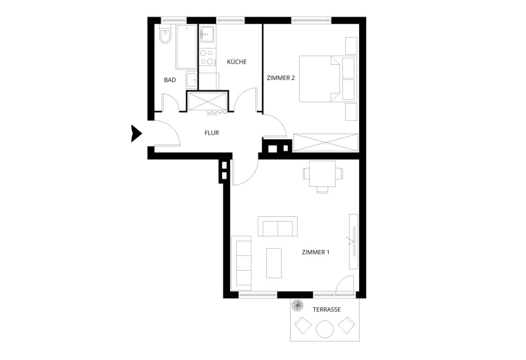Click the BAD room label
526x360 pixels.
(x=170, y=80)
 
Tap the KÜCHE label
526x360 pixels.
(x=237, y=62)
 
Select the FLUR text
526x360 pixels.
(x=212, y=133)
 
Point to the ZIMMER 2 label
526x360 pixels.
(x=281, y=78)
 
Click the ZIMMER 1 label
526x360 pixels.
(x=315, y=252)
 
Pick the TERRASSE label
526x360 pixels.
(x=327, y=310)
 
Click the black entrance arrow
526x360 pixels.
(x=136, y=134)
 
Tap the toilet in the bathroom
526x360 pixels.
(x=165, y=35)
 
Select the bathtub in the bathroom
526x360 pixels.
(x=186, y=47)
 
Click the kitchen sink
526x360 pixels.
(x=207, y=35)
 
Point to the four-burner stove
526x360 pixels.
(x=207, y=57)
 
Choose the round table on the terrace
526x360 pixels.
(x=324, y=329)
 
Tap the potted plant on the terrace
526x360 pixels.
(x=297, y=305)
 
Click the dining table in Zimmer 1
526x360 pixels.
(x=323, y=174)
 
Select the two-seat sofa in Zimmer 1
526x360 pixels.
(x=278, y=226)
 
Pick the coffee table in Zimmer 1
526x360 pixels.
(x=274, y=263)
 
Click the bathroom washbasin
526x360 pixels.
(x=192, y=80)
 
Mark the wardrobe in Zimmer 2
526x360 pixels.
(x=326, y=143)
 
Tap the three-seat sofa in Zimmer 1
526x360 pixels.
(x=242, y=263)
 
